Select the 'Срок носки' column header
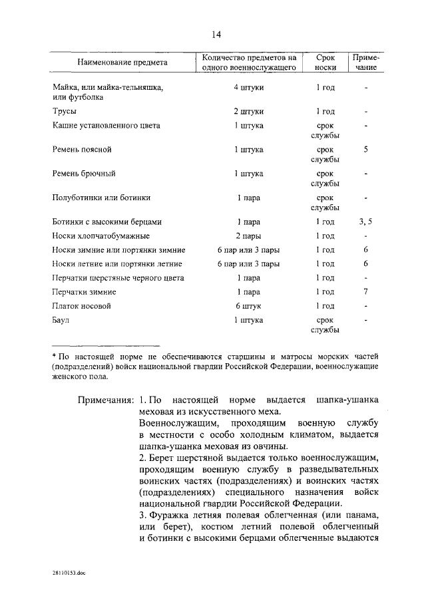[324, 63]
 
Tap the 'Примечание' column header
[365, 63]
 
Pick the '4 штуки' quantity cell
[248, 88]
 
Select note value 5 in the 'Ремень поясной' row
[365, 150]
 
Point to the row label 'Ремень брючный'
[85, 174]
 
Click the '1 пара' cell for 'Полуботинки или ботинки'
[248, 198]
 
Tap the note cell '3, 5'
[365, 222]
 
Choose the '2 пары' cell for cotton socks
[248, 235]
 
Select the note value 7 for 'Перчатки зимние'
[365, 292]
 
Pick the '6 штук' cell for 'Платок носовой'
[248, 306]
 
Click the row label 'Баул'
[61, 320]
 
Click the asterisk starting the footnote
[54, 356]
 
